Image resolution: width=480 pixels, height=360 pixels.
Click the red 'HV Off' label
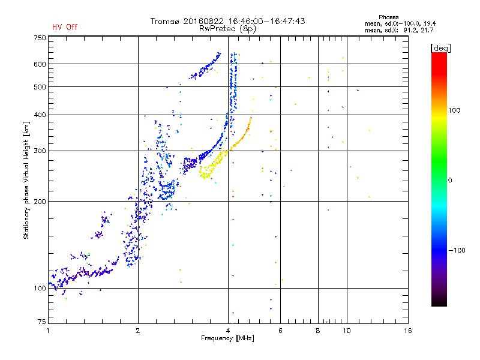click(65, 27)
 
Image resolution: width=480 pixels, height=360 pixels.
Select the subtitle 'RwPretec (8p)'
click(227, 29)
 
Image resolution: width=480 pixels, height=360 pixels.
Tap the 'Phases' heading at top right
click(388, 17)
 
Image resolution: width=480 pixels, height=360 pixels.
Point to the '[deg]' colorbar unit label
click(440, 48)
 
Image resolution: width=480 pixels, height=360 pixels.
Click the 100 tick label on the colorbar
click(454, 110)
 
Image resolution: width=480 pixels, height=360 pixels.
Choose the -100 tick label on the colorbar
click(457, 250)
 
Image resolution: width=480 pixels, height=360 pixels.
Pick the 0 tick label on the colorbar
click(450, 181)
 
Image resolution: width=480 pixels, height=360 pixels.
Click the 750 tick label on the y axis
click(40, 38)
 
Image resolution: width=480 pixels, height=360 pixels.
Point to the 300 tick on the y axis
click(40, 151)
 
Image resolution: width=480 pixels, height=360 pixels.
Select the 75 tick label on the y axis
click(42, 322)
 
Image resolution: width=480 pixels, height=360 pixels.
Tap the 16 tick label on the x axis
click(408, 331)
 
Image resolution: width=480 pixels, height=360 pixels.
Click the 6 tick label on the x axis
click(280, 331)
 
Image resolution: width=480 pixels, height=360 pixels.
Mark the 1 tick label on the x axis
click(48, 331)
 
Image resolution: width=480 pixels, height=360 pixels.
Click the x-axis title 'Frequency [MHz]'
click(227, 338)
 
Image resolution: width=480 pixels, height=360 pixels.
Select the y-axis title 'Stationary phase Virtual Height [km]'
click(26, 180)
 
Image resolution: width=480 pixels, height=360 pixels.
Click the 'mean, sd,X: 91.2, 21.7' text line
click(399, 31)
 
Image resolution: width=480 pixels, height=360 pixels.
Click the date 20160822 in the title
click(203, 21)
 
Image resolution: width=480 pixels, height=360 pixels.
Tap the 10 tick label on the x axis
click(347, 331)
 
